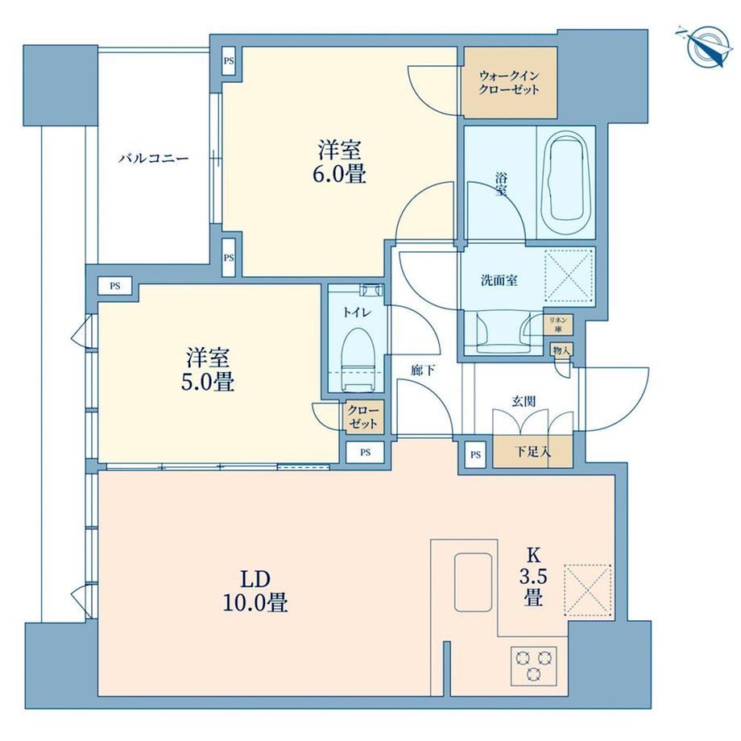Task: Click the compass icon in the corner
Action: click(703, 47)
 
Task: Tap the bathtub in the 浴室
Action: click(565, 179)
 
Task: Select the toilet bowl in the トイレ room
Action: click(358, 359)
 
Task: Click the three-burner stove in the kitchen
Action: click(533, 666)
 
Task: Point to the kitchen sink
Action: click(473, 582)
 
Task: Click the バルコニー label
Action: click(154, 159)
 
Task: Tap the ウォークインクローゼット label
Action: click(508, 83)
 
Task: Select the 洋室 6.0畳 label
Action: click(339, 162)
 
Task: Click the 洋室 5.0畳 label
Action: click(208, 370)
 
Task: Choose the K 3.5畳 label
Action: click(533, 577)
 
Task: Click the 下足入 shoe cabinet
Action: click(532, 452)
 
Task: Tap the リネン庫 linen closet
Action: click(558, 325)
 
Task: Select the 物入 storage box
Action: click(562, 350)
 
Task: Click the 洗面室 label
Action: click(499, 280)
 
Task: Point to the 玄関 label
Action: click(524, 401)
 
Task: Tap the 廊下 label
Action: click(423, 370)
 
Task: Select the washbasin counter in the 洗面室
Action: click(503, 332)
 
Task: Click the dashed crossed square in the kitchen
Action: click(588, 590)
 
